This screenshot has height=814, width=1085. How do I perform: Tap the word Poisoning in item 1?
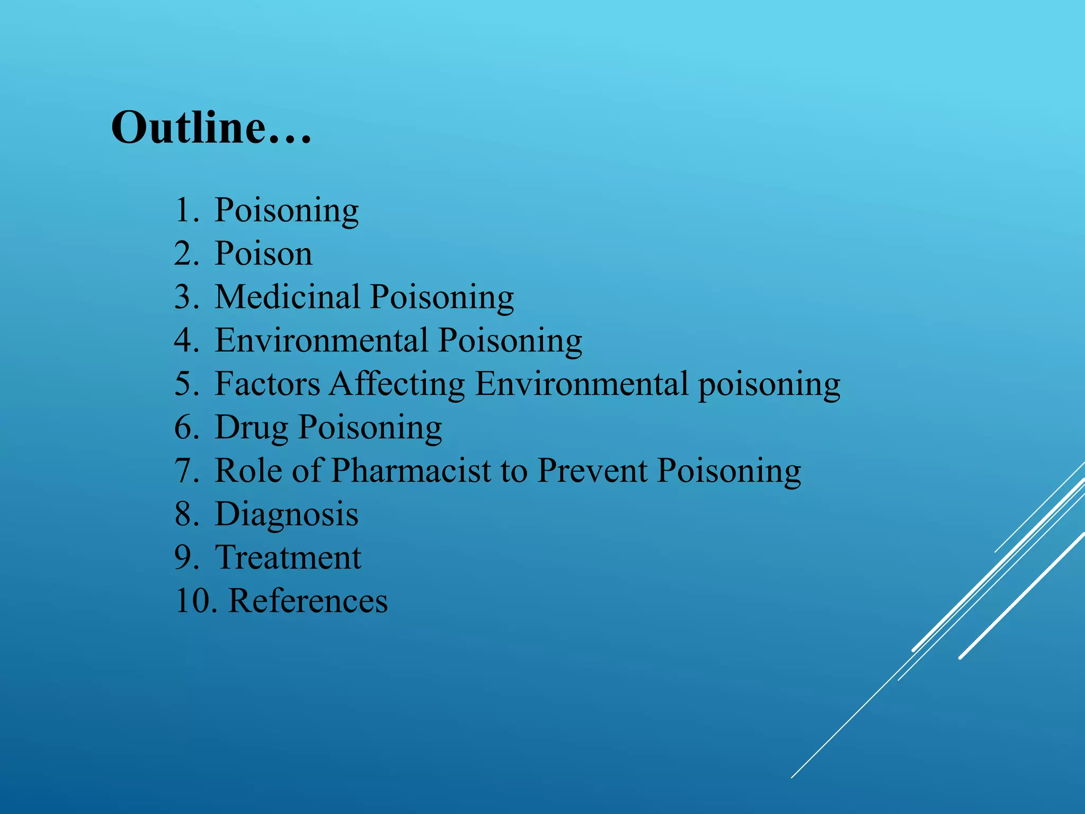(286, 210)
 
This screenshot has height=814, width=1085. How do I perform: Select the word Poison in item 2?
(263, 254)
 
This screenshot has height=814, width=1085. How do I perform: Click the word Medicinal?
(287, 297)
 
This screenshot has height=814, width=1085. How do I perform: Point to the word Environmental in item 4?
(321, 340)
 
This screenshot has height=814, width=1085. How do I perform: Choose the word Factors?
(267, 384)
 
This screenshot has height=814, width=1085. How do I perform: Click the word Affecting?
(397, 385)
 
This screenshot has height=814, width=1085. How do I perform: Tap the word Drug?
(251, 428)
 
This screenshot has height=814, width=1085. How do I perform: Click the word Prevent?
(592, 471)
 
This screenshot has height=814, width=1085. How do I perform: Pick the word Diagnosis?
(286, 515)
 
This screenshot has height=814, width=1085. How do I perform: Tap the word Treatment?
(288, 558)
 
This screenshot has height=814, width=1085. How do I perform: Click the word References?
(308, 601)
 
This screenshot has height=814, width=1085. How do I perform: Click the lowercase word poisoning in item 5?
(769, 385)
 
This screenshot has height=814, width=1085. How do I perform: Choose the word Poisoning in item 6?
(370, 428)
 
